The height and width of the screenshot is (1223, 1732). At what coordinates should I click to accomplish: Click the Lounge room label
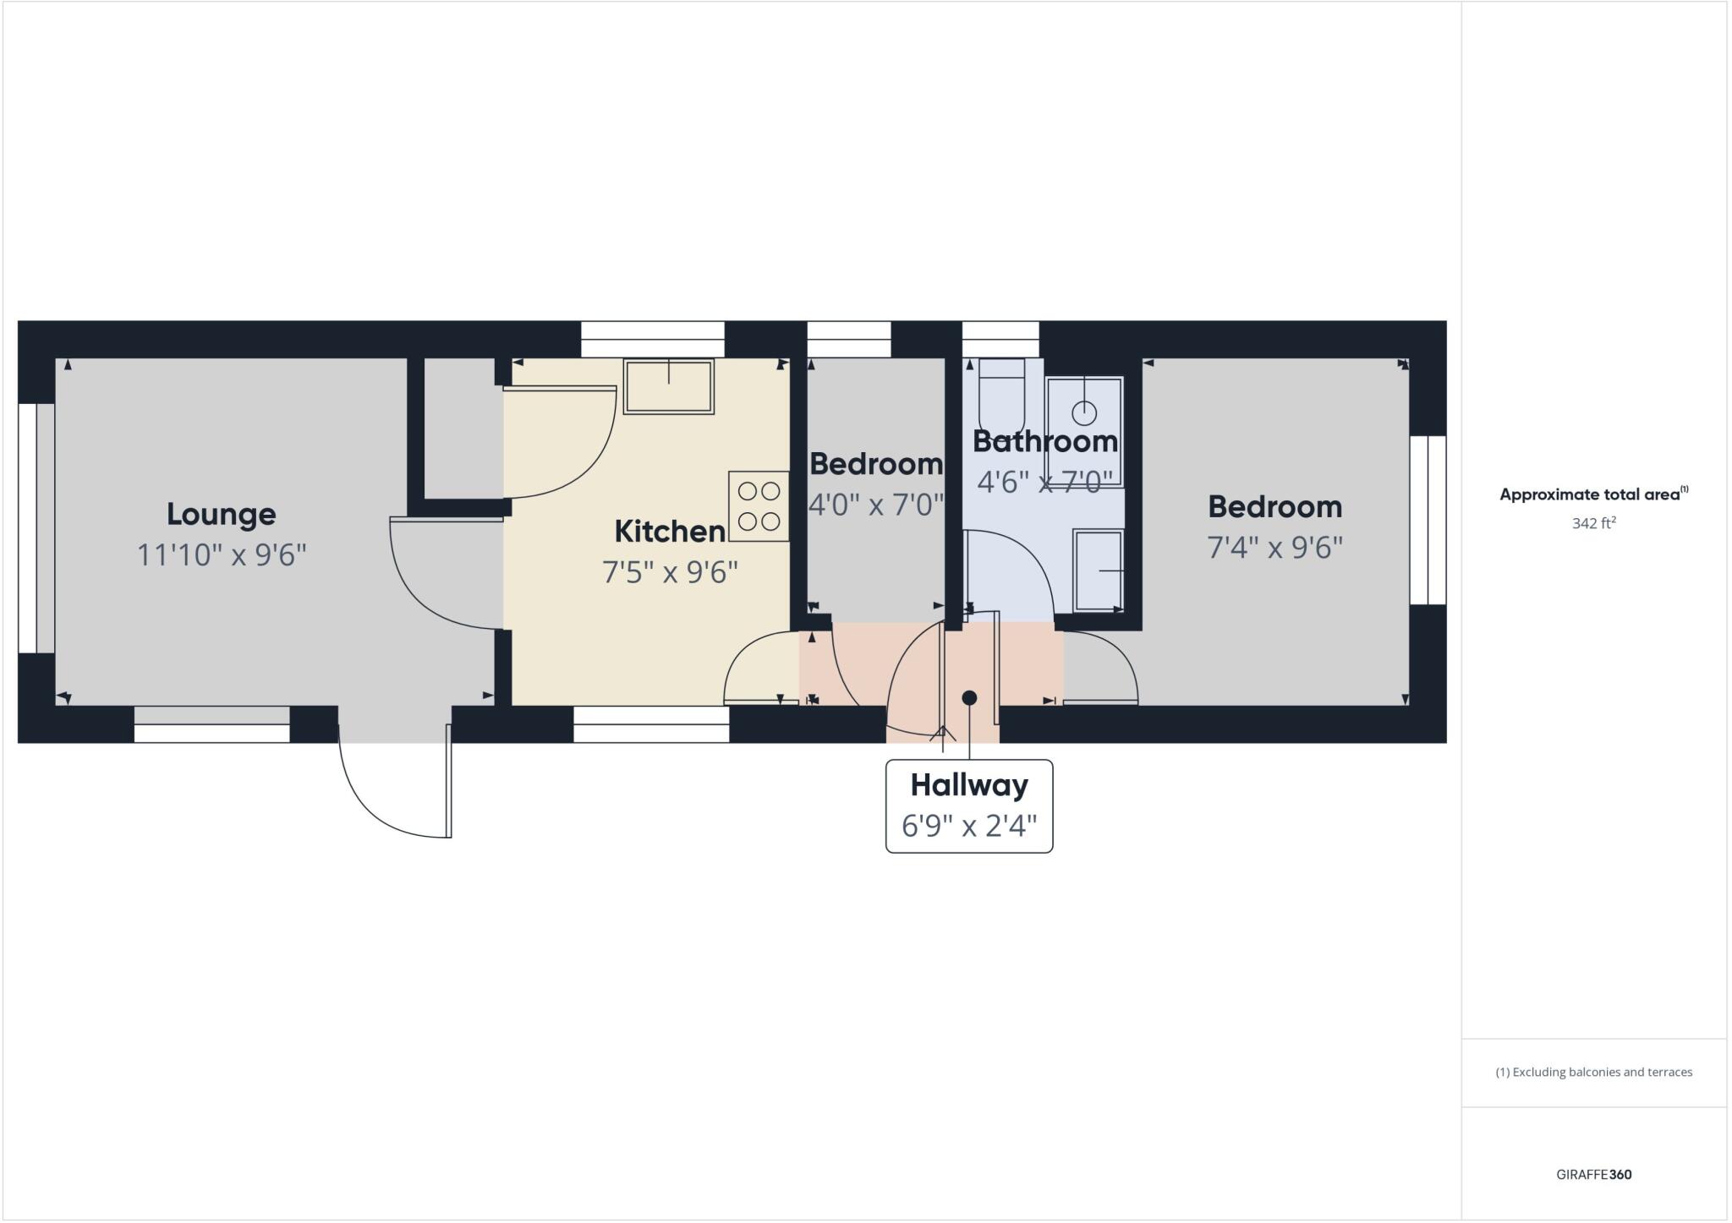(x=221, y=514)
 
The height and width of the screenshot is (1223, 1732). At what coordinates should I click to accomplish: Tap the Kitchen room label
(x=669, y=532)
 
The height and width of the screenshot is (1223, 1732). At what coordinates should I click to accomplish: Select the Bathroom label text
(x=1044, y=441)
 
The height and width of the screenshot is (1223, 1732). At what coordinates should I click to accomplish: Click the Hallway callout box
(x=969, y=805)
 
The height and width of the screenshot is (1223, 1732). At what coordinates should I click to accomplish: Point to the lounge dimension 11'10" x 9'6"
(x=222, y=555)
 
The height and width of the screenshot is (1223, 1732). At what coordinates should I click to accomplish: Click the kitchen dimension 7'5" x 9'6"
(x=670, y=573)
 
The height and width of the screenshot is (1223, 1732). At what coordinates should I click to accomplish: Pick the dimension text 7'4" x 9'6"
(x=1274, y=548)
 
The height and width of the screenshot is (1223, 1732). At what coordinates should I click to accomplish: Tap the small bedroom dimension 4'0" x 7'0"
(x=876, y=505)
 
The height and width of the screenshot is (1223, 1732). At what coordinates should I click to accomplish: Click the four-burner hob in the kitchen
(x=759, y=506)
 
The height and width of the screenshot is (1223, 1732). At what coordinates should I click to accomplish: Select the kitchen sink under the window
(x=668, y=386)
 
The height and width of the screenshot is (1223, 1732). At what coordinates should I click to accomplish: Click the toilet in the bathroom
(x=1001, y=396)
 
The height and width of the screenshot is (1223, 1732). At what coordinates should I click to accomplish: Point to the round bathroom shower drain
(x=1084, y=413)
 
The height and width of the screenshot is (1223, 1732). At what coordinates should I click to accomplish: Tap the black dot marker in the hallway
(x=970, y=698)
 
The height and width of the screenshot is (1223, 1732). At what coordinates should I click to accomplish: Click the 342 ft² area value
(x=1593, y=523)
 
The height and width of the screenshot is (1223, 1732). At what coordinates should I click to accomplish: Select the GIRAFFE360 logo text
(x=1593, y=1174)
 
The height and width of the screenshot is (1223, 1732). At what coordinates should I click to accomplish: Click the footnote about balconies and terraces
(x=1593, y=1073)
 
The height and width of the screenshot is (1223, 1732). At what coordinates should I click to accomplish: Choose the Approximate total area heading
(x=1593, y=494)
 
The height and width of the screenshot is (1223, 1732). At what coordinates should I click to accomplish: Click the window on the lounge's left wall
(x=28, y=528)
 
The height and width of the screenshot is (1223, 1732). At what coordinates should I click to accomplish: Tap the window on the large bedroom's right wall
(x=1428, y=520)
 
